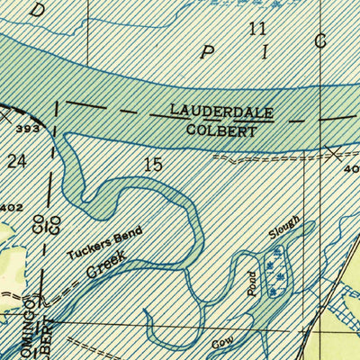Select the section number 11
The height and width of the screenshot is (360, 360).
[x=258, y=29]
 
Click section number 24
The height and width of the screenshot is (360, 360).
[x=16, y=161]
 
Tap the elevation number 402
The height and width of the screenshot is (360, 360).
[x=11, y=209]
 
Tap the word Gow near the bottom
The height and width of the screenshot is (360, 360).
[x=221, y=345]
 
